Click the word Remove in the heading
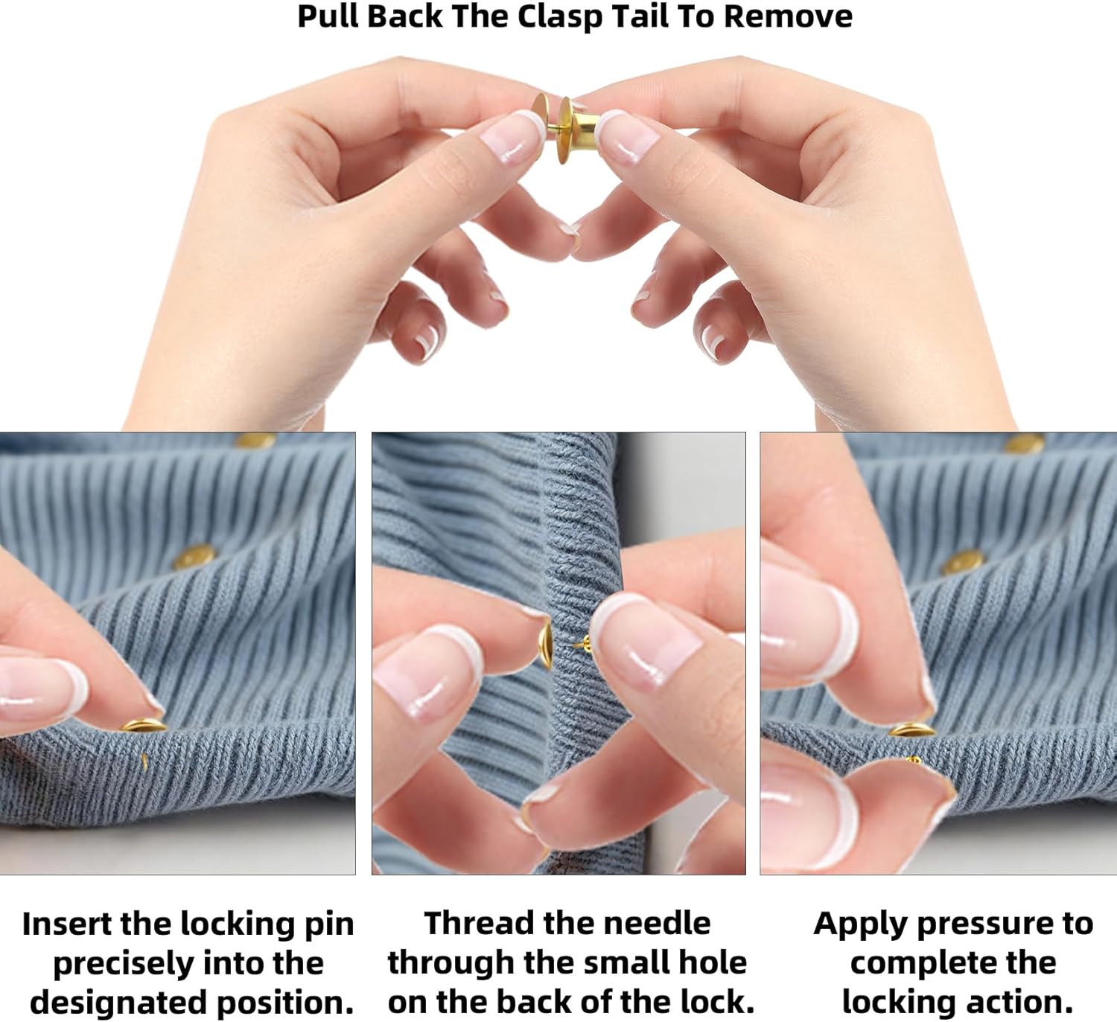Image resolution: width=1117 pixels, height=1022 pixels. click(788, 16)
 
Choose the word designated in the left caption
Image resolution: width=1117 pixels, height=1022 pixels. click(118, 1003)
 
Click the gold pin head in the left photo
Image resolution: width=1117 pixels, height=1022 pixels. click(144, 725)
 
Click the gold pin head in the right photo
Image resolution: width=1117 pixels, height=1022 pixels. click(911, 729)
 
